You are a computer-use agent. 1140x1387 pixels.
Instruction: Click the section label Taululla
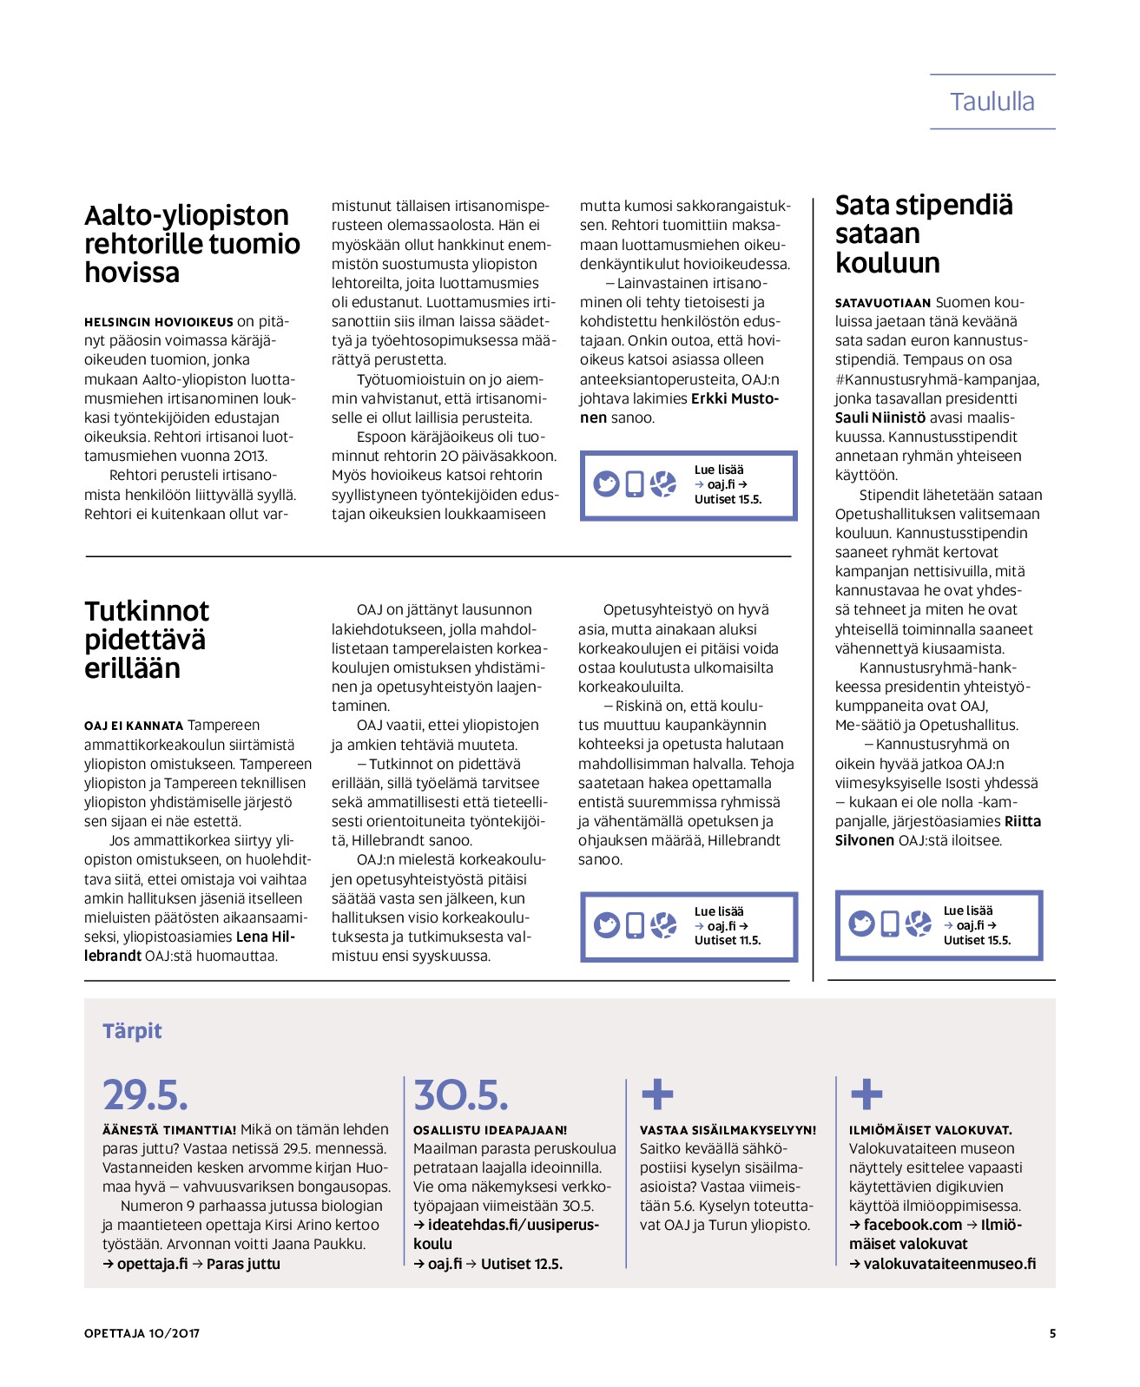992,102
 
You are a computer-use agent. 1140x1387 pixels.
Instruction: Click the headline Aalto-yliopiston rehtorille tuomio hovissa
192,244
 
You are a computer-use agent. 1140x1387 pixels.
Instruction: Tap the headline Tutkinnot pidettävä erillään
147,640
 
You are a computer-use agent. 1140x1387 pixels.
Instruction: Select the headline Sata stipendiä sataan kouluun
923,233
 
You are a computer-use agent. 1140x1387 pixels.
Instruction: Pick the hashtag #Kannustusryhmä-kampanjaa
936,379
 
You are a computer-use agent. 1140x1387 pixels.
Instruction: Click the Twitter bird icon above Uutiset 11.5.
607,926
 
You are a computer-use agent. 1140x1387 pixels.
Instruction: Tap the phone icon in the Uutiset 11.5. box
636,926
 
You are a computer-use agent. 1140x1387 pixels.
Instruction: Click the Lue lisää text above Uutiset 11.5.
719,911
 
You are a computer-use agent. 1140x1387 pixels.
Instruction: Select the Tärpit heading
132,1031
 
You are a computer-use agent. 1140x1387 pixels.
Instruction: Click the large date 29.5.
145,1095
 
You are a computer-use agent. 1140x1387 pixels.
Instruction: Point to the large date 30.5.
460,1095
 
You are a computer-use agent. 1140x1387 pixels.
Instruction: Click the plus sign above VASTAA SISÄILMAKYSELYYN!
657,1094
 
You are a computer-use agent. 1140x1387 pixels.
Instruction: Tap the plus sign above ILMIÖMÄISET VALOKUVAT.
867,1094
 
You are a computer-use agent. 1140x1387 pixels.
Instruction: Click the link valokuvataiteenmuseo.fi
949,1264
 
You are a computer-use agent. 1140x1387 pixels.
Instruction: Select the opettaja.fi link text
152,1264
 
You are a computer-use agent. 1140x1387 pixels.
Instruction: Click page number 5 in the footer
1052,1333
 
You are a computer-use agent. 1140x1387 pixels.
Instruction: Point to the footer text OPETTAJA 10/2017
142,1333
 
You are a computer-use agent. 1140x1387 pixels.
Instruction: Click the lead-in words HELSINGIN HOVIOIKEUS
159,322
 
